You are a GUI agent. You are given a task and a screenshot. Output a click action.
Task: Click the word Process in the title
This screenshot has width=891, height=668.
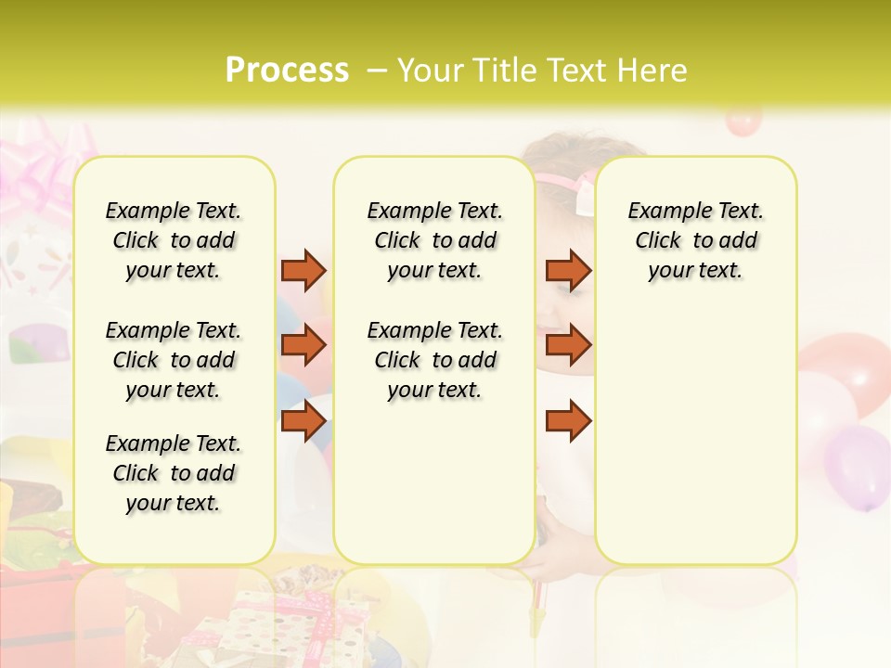coord(287,71)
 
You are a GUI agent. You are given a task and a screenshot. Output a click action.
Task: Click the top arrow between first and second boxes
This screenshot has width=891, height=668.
coord(303,270)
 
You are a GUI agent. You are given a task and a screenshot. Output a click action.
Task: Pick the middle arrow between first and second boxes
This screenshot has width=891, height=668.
coord(303,345)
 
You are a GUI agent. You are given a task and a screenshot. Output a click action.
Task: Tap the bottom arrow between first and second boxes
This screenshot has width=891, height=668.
coord(303,421)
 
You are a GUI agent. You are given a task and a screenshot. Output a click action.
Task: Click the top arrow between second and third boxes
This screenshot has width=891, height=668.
coord(568,270)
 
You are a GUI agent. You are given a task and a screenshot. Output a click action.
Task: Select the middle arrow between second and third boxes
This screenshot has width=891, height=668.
coord(568,345)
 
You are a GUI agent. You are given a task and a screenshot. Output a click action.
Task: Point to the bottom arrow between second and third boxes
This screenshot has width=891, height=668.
coord(568,421)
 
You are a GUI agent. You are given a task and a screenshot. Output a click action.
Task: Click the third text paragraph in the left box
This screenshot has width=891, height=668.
coord(174,473)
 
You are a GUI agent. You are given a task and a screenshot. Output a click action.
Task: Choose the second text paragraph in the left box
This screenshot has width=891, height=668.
coord(174,360)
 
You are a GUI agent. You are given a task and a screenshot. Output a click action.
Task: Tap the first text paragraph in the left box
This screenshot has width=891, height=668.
coord(174,240)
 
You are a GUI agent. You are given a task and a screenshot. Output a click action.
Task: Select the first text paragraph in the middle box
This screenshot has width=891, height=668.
coord(434,240)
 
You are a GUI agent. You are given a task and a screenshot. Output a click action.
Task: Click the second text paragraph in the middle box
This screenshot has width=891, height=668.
coord(434,360)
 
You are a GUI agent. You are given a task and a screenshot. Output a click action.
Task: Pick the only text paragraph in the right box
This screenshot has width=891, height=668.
coord(696,240)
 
